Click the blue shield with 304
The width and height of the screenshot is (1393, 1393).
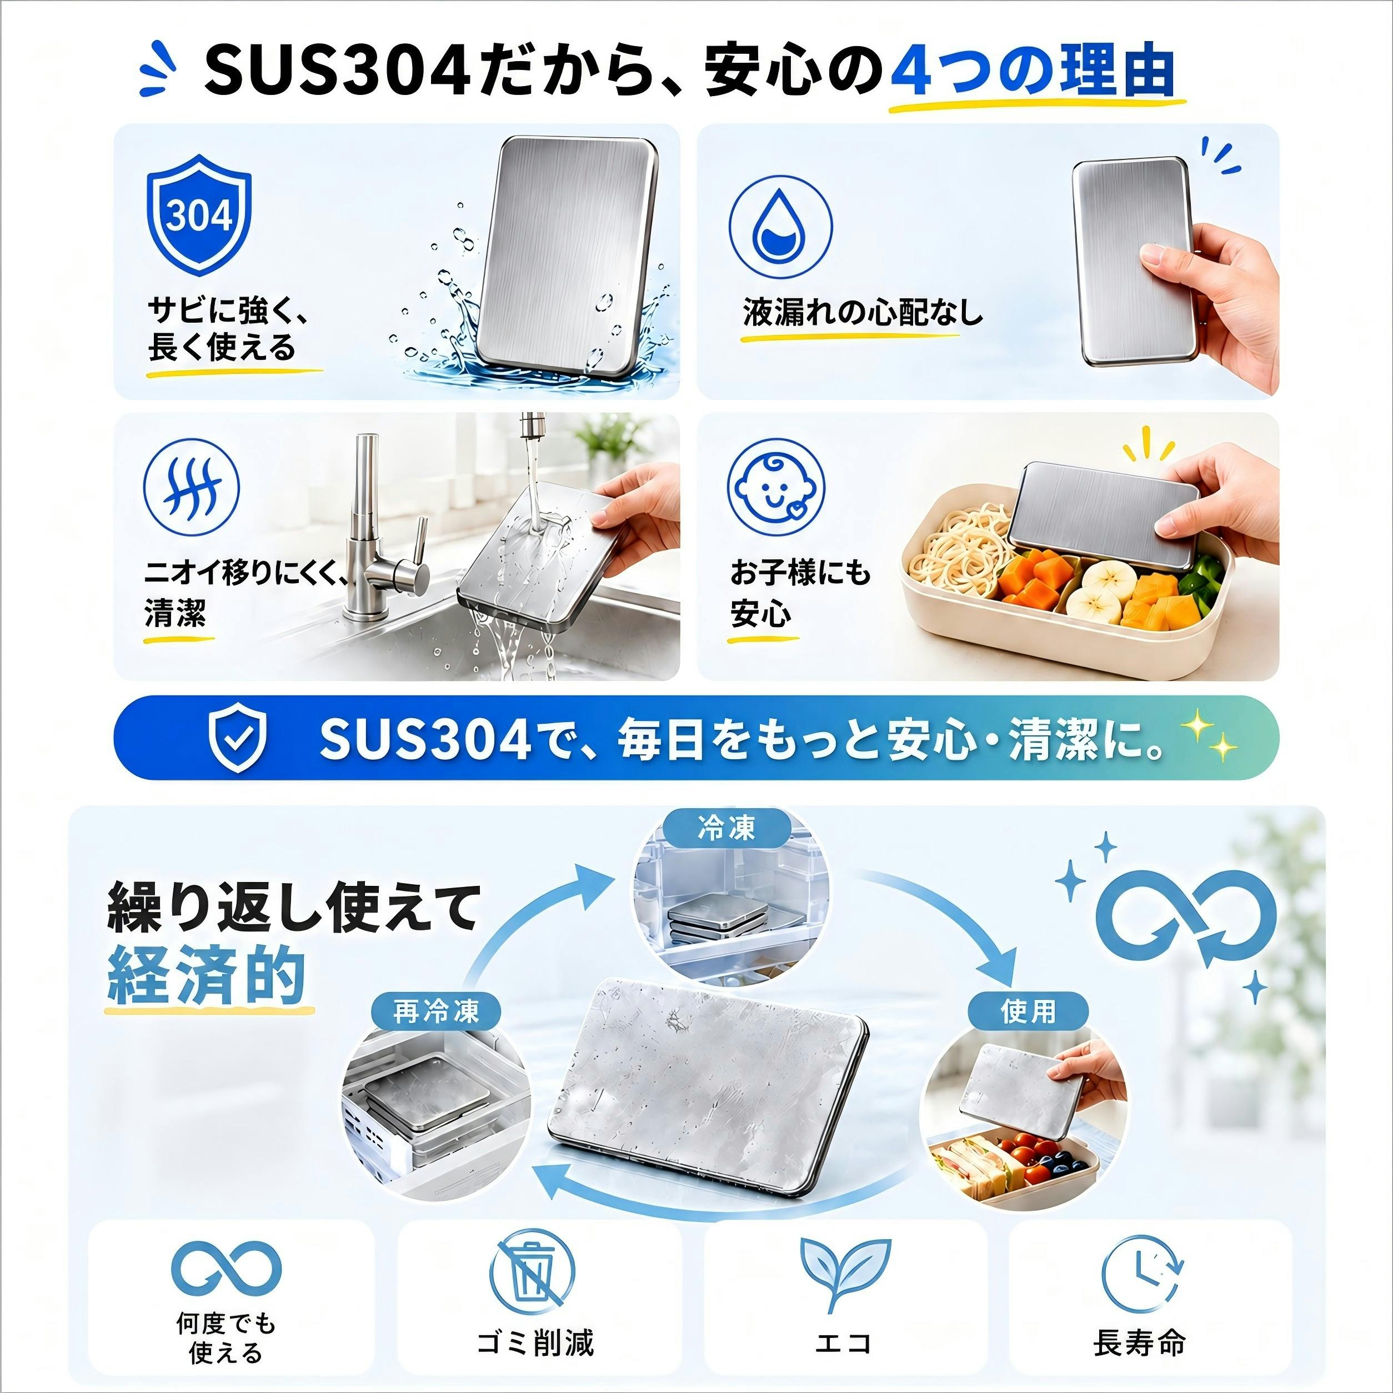click(199, 214)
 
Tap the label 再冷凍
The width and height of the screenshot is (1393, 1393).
click(436, 1011)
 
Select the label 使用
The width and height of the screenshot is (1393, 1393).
click(1028, 1011)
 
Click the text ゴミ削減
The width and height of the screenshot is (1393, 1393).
click(535, 1342)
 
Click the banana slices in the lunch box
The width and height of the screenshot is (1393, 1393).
click(1100, 593)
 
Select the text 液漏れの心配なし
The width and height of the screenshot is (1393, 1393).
click(863, 312)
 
